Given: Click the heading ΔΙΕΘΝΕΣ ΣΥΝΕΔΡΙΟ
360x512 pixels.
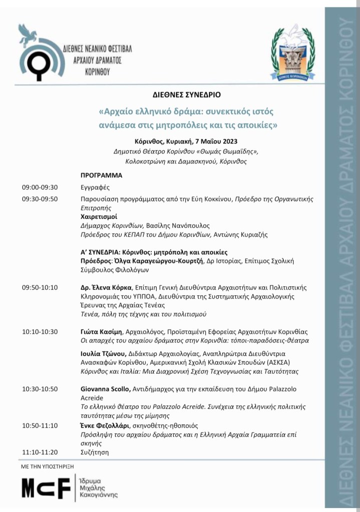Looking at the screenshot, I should point(186,94).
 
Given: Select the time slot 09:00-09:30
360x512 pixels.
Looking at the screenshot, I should point(40,187).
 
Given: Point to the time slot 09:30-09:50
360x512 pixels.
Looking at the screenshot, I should point(40,199).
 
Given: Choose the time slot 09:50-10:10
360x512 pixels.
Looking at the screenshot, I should point(40,287).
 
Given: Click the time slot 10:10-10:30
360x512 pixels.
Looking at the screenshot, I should point(40,331).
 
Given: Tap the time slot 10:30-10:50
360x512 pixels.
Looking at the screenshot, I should point(40,389).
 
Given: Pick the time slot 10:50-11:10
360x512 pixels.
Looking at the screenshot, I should point(40,425).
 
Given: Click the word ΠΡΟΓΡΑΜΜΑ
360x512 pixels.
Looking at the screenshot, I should point(101,176).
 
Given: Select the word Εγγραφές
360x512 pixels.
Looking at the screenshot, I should point(95,187).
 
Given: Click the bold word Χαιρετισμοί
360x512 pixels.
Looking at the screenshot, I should point(99,217).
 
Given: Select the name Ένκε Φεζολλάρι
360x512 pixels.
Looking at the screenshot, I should point(104,425).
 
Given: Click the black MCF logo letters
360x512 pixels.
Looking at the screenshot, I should point(46,488).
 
